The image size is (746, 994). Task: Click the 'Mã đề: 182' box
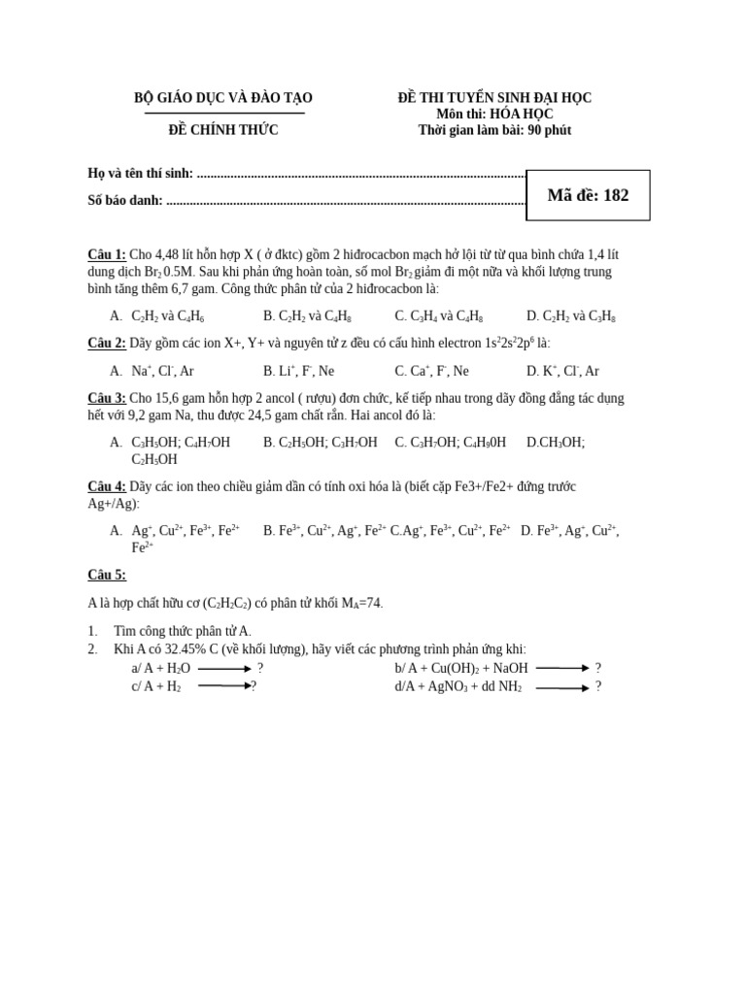click(x=588, y=195)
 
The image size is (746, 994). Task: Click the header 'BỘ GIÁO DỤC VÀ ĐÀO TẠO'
click(x=223, y=98)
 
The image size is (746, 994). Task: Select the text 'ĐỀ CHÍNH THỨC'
click(x=223, y=130)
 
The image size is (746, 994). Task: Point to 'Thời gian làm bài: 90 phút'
click(x=494, y=130)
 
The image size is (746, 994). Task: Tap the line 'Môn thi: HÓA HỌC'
click(x=494, y=114)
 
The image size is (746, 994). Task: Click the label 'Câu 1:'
click(x=107, y=254)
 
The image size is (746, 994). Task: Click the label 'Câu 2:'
click(x=107, y=344)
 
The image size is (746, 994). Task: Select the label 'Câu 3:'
click(x=107, y=398)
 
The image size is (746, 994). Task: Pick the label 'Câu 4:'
click(x=107, y=486)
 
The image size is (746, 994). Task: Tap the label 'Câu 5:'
click(x=107, y=575)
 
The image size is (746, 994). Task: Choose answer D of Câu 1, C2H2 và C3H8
click(x=571, y=316)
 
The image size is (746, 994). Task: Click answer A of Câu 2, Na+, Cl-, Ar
click(x=162, y=371)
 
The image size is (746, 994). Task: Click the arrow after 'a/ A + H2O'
click(x=224, y=669)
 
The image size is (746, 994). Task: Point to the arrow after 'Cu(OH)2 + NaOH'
click(x=562, y=668)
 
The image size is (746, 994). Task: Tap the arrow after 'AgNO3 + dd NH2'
click(x=561, y=688)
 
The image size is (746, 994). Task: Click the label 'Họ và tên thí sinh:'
click(x=141, y=174)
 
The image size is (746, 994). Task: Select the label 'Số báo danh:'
click(x=125, y=201)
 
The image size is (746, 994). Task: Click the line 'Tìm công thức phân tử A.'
click(x=183, y=631)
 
